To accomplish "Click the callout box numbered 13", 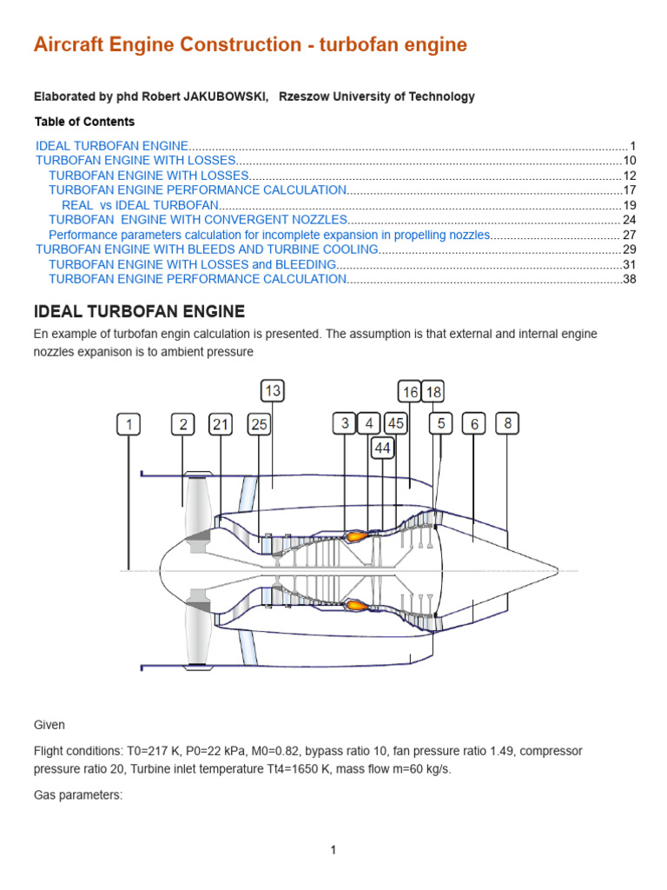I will pyautogui.click(x=273, y=391).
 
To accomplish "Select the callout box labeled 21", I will pyautogui.click(x=221, y=424).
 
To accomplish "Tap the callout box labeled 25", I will pyautogui.click(x=260, y=424).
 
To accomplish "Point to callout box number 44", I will pyautogui.click(x=383, y=448).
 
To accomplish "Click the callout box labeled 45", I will pyautogui.click(x=396, y=423).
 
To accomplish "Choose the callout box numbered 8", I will pyautogui.click(x=508, y=423).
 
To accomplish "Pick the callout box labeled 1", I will pyautogui.click(x=129, y=424).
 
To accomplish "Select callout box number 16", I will pyautogui.click(x=410, y=392).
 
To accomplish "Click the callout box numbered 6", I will pyautogui.click(x=474, y=424).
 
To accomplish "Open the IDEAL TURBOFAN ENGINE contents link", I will pyautogui.click(x=112, y=146).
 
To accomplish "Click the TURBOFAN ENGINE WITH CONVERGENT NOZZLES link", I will pyautogui.click(x=198, y=220).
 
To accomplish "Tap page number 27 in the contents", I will pyautogui.click(x=630, y=235).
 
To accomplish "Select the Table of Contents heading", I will pyautogui.click(x=84, y=122).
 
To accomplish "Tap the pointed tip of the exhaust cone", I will pyautogui.click(x=557, y=570).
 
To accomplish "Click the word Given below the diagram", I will pyautogui.click(x=50, y=725).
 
